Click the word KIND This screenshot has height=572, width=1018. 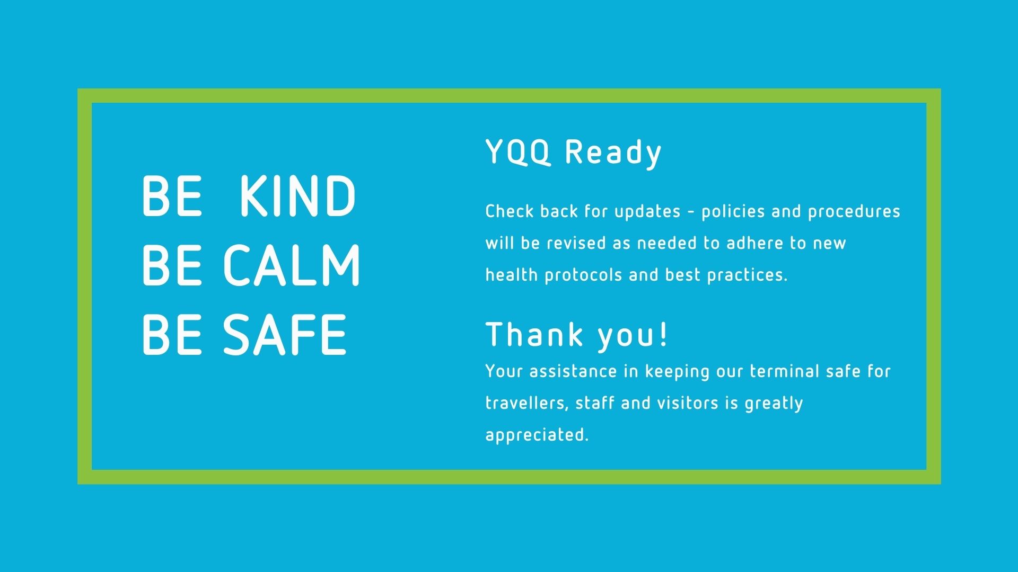point(297,196)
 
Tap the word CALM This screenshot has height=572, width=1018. point(292,265)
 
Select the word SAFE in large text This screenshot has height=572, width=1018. point(285,335)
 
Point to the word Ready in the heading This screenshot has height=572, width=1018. point(613,153)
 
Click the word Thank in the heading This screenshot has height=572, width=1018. point(534,335)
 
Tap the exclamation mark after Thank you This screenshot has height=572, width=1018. point(664,335)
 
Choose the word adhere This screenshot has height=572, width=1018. point(754,243)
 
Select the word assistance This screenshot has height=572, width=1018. point(573,371)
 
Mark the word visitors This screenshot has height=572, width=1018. point(688,403)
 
